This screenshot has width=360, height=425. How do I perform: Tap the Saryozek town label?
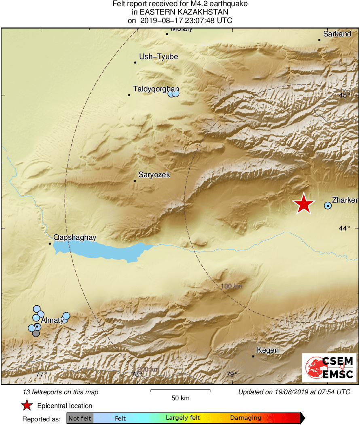coord(154,175)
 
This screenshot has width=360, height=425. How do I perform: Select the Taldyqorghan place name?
coord(156,89)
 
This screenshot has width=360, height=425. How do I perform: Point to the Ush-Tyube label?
coord(159,57)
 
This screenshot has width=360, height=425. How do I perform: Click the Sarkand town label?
coord(337,34)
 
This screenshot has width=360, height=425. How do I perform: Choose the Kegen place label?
coord(268,350)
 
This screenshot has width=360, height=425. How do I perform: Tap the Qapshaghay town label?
coord(75,238)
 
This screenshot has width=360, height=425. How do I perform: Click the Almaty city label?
coord(52,320)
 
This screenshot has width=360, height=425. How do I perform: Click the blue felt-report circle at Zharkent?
coord(328,206)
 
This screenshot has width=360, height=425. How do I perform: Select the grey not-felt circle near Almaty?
coord(36,333)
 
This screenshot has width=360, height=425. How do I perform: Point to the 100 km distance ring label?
coord(232,287)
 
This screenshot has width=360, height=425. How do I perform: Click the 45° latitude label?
coord(345,95)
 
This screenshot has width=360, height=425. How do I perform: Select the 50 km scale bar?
coord(180,391)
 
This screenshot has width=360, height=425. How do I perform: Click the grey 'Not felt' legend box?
coord(80,418)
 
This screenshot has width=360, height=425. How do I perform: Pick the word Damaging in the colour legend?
coord(246,418)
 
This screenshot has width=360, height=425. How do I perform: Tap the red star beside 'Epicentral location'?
coord(27,406)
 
